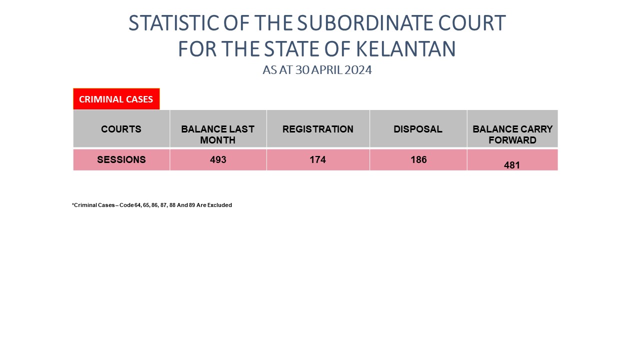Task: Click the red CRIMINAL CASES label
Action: [x=116, y=99]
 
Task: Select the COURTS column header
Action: [x=121, y=129]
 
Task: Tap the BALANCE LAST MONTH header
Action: [x=217, y=134]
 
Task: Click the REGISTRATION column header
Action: [x=318, y=129]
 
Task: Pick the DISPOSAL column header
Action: [x=418, y=129]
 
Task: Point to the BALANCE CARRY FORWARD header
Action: [x=512, y=134]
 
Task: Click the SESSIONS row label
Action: [x=121, y=159]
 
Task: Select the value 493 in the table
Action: [x=218, y=159]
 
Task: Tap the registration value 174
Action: [x=317, y=159]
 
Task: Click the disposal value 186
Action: [x=418, y=159]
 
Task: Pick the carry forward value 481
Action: [x=511, y=165]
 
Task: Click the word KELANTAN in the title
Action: [x=405, y=49]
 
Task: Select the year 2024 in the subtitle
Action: [x=358, y=70]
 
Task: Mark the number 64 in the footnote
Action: [x=137, y=205]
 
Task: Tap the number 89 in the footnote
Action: [x=191, y=205]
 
